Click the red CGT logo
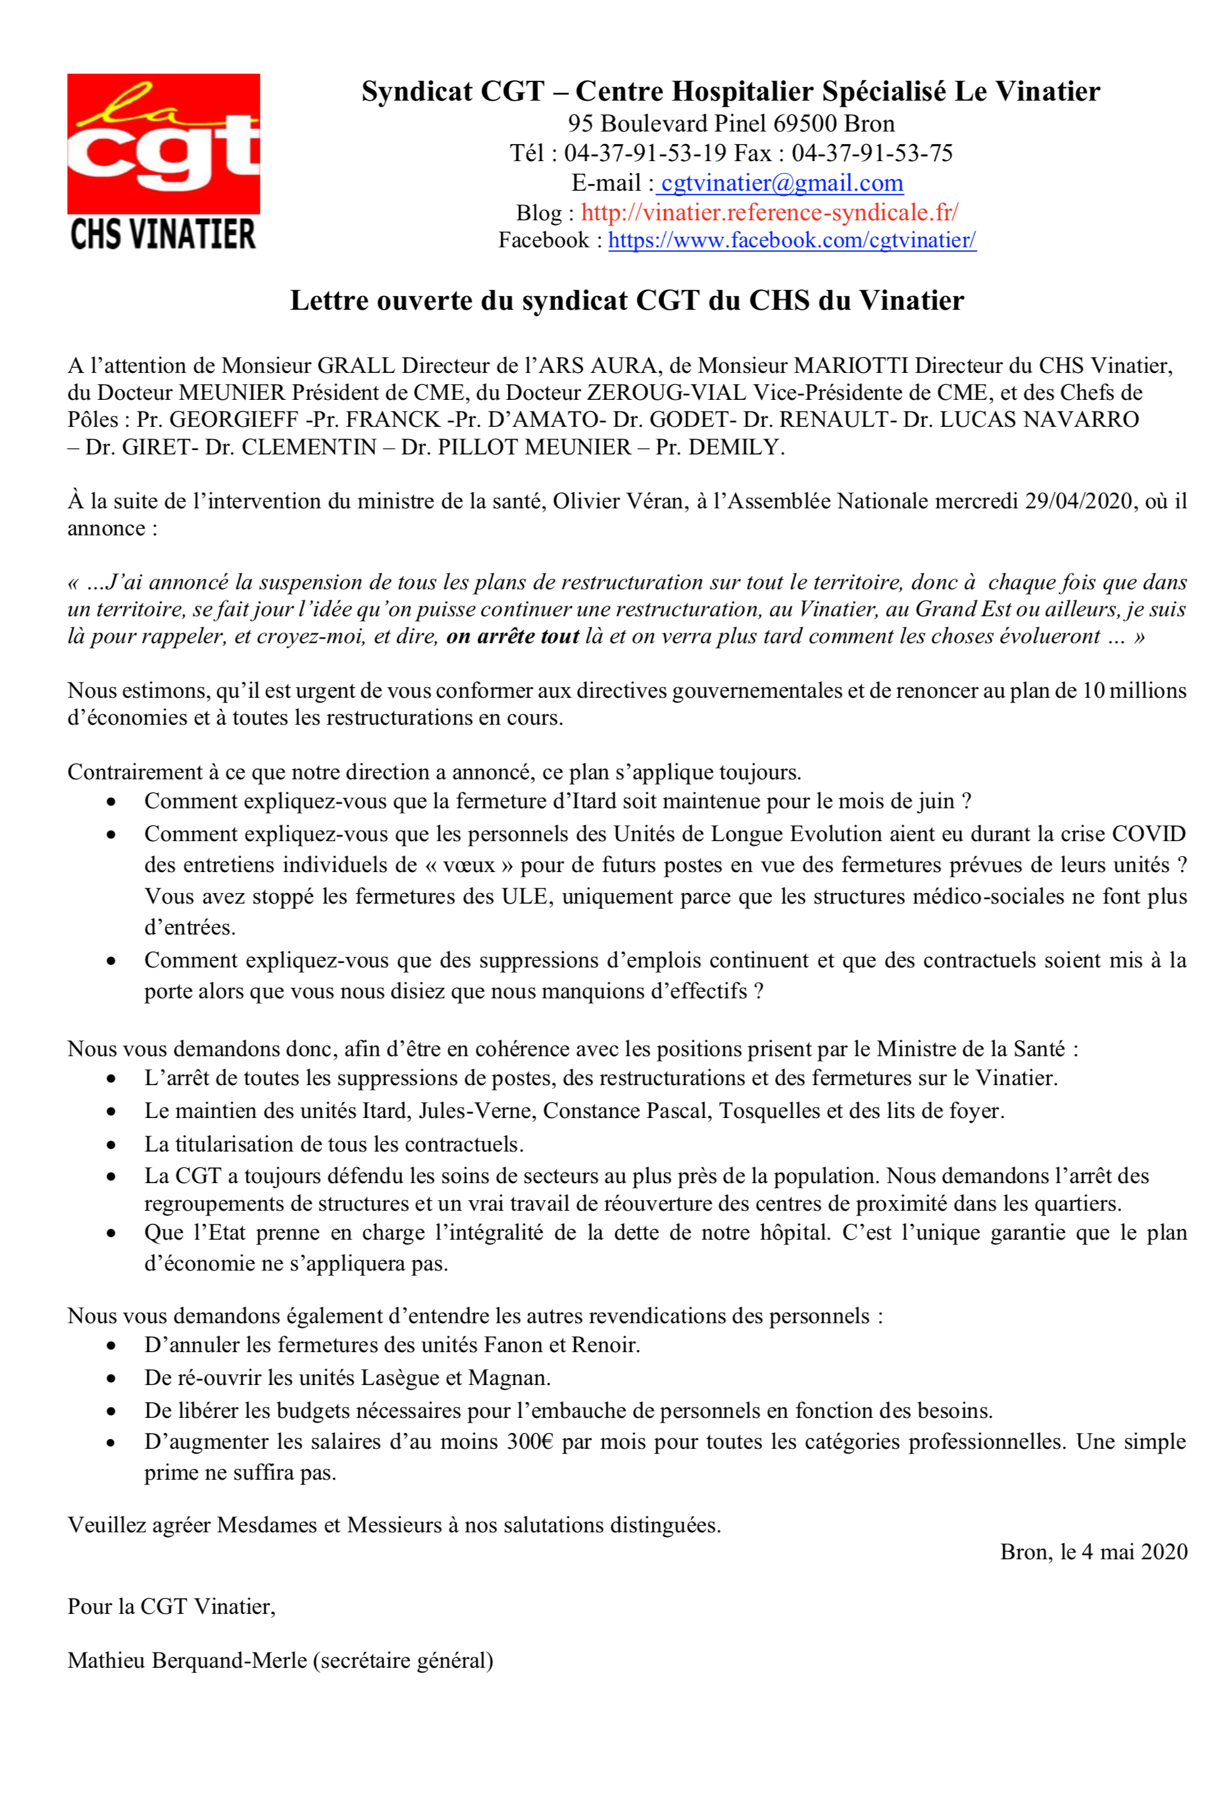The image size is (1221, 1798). (x=163, y=143)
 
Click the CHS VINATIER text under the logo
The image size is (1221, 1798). (x=162, y=234)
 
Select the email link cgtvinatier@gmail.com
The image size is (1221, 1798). (x=782, y=183)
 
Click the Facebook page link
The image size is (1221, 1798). (x=791, y=241)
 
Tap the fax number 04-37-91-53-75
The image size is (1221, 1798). (x=872, y=153)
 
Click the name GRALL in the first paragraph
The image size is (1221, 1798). (x=357, y=365)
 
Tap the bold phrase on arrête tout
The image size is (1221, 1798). (x=512, y=637)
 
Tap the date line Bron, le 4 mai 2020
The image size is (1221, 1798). (x=1093, y=1552)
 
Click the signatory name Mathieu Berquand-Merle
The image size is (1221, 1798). (x=189, y=1661)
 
